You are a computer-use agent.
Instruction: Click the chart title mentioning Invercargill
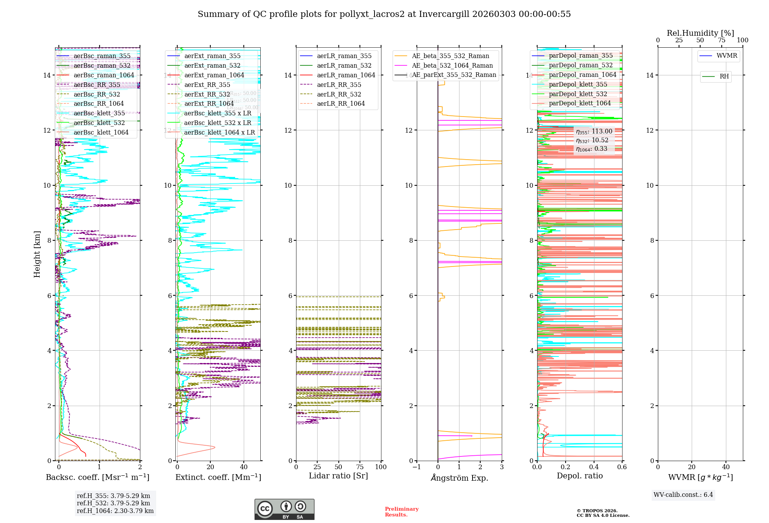[384, 14]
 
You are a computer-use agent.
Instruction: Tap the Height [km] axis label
[37, 254]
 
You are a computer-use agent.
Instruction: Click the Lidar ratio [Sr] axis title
[338, 476]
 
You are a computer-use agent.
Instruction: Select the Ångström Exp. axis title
[459, 478]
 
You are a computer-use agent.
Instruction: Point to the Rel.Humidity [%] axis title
[700, 33]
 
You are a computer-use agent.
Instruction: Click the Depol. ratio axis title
[580, 476]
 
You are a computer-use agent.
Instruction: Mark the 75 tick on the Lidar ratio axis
[360, 467]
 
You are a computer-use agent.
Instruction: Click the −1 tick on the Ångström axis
[416, 467]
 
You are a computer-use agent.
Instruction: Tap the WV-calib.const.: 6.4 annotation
[683, 495]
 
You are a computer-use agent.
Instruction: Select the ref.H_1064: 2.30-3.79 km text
[115, 511]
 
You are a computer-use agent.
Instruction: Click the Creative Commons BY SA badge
[284, 510]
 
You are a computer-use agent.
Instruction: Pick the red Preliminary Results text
[401, 512]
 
